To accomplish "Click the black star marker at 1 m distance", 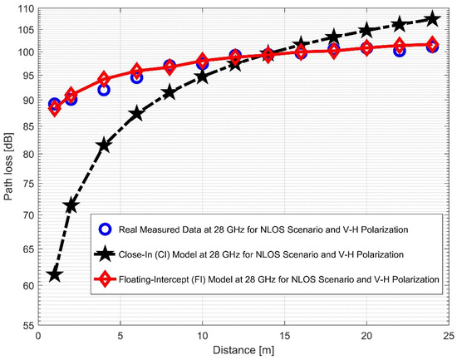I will pyautogui.click(x=55, y=274).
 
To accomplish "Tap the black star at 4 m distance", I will pyautogui.click(x=104, y=145).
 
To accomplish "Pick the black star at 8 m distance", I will pyautogui.click(x=170, y=92).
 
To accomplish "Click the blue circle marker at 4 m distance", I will pyautogui.click(x=104, y=89).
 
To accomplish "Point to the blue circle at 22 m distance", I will pyautogui.click(x=399, y=50).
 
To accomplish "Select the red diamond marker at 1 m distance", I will pyautogui.click(x=55, y=108).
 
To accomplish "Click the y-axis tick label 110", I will pyautogui.click(x=26, y=9).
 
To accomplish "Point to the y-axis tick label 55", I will pyautogui.click(x=28, y=326).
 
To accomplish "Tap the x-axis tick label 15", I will pyautogui.click(x=284, y=337).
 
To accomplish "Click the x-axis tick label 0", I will pyautogui.click(x=38, y=337).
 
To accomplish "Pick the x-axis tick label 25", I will pyautogui.click(x=448, y=337).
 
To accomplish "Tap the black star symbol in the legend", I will pyautogui.click(x=104, y=254).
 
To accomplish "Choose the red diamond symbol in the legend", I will pyautogui.click(x=104, y=279).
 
